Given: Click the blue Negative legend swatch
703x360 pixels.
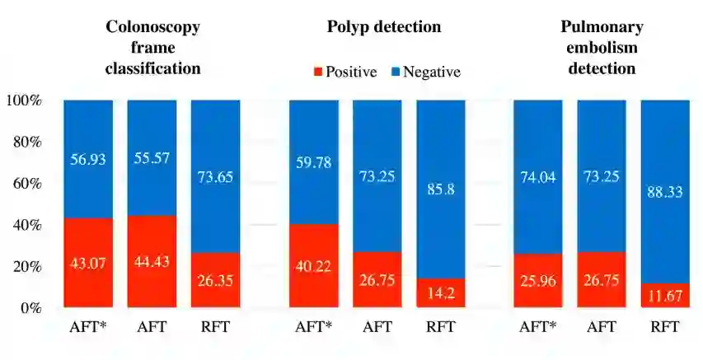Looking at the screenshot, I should pos(396,72).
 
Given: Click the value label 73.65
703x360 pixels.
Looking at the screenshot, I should pos(215,175).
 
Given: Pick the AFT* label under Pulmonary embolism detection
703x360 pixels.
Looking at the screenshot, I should pos(537,327).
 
